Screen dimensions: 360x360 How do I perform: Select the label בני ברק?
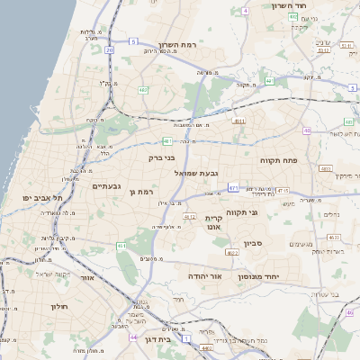(162, 157)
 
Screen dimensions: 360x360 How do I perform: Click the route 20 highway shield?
(110, 49)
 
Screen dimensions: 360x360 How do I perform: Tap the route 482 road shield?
(144, 90)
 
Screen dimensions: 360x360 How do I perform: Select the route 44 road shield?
(134, 337)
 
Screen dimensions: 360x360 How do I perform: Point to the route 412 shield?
(190, 217)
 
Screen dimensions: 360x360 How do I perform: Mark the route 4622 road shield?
(232, 253)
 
